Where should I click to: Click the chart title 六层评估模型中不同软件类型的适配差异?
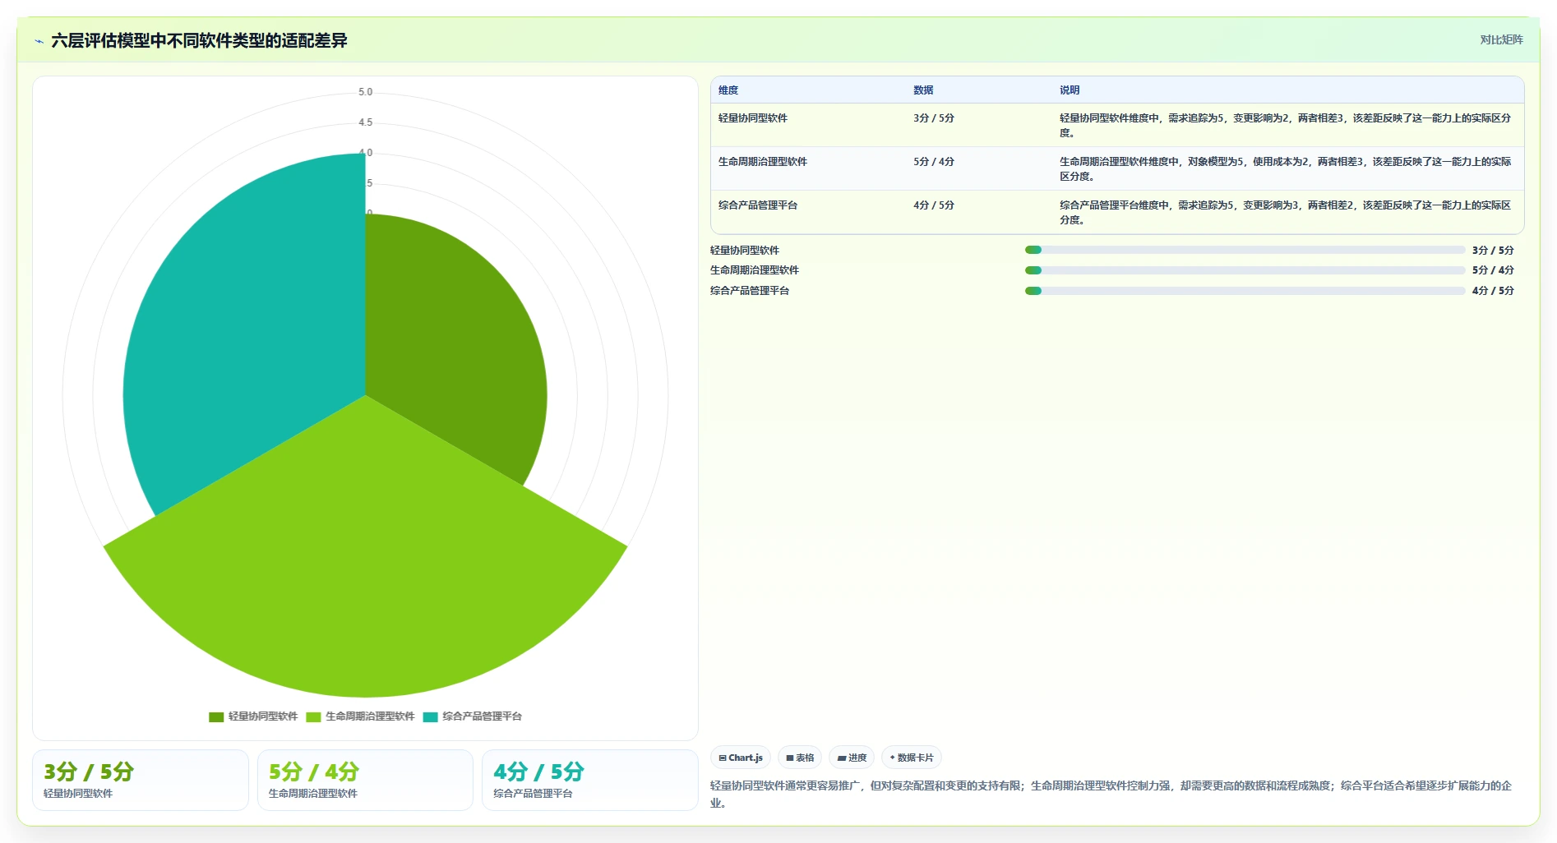click(x=199, y=40)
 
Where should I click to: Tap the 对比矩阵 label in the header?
click(x=1501, y=39)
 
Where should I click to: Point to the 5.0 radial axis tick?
click(x=365, y=92)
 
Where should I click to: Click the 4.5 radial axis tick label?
click(x=365, y=122)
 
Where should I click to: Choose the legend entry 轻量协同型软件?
click(x=253, y=716)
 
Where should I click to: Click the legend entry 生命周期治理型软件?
click(x=360, y=716)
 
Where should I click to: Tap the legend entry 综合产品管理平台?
click(x=473, y=716)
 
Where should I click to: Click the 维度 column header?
click(x=728, y=90)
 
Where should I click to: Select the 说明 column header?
click(x=1070, y=90)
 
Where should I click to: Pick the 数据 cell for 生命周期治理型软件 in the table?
click(x=934, y=162)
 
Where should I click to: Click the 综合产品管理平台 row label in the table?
click(x=758, y=205)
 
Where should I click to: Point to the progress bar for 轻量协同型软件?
click(x=1245, y=250)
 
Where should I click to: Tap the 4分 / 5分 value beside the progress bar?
click(x=1493, y=291)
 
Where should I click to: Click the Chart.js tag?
click(x=741, y=758)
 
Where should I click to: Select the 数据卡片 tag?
click(x=912, y=758)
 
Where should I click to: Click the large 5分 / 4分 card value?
click(x=314, y=772)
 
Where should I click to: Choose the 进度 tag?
click(x=852, y=758)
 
